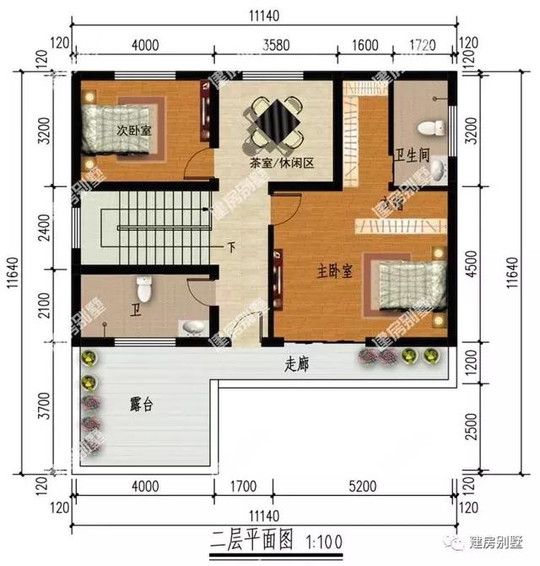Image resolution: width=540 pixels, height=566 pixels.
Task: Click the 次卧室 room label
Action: (x=134, y=131)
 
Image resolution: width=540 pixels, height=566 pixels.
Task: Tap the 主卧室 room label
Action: (x=334, y=270)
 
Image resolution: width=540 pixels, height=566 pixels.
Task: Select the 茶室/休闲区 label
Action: (x=281, y=163)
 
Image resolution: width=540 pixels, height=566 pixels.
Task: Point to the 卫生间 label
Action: (x=413, y=155)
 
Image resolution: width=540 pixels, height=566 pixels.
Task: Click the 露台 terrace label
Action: (x=141, y=405)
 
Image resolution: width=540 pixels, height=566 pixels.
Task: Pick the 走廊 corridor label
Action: (x=296, y=365)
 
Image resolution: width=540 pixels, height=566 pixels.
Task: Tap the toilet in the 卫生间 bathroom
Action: (x=430, y=128)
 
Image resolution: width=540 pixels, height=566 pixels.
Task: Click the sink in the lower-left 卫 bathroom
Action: (x=191, y=329)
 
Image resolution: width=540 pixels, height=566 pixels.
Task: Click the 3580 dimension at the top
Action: (x=274, y=45)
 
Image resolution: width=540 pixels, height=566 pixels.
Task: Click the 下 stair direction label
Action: (x=230, y=248)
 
